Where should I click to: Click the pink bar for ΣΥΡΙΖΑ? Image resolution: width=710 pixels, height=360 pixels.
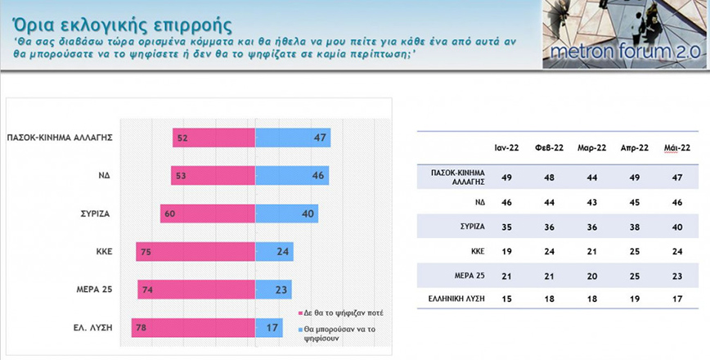click(208, 214)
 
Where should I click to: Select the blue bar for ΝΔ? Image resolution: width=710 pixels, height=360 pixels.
click(292, 175)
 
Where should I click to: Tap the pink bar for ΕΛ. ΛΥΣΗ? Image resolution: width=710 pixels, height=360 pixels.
click(194, 327)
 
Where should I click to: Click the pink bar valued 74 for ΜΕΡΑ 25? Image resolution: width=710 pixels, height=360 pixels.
click(196, 289)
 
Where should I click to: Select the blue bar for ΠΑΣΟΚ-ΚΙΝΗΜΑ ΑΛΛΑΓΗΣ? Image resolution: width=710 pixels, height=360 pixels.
click(293, 137)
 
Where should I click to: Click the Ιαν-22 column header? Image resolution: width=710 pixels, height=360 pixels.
click(504, 147)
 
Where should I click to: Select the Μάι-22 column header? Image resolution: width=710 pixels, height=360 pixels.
click(675, 147)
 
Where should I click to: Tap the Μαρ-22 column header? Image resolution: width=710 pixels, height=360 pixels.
click(590, 147)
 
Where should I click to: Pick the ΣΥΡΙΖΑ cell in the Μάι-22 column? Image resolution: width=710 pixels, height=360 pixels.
click(675, 226)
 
